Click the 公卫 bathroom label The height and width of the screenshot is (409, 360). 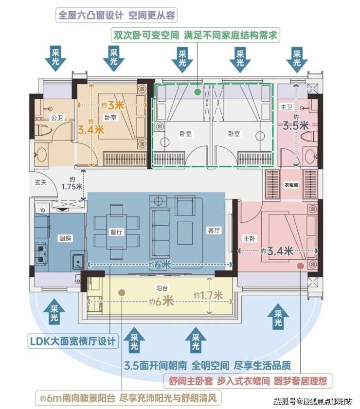(x=57, y=117)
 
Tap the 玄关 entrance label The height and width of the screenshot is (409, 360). (x=40, y=182)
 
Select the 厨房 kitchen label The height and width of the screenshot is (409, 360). (x=65, y=238)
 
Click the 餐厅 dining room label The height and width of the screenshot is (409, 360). (x=116, y=232)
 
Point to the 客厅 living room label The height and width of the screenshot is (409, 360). (x=214, y=230)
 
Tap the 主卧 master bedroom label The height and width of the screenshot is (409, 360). (x=250, y=238)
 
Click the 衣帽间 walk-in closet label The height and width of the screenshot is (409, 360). (x=291, y=185)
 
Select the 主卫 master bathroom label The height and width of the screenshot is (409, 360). (x=286, y=107)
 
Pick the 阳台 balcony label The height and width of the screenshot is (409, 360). (x=162, y=288)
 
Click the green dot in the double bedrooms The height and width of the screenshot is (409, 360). (x=198, y=92)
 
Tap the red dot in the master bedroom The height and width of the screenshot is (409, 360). (x=301, y=266)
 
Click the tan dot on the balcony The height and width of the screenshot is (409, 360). (x=122, y=293)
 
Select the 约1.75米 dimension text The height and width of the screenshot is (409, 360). (x=72, y=183)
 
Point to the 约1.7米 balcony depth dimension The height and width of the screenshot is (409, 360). (x=208, y=296)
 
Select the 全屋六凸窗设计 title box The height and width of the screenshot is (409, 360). (x=116, y=15)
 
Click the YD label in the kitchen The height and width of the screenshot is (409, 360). (x=42, y=210)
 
